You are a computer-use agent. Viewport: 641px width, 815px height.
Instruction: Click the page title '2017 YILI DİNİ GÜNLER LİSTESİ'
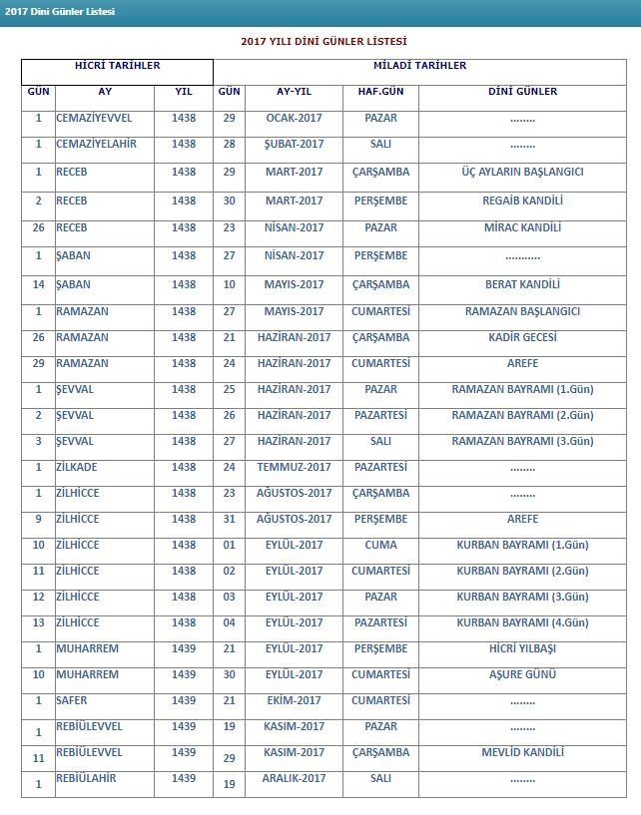click(x=323, y=42)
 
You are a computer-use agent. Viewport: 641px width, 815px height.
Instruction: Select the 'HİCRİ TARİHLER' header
click(x=117, y=66)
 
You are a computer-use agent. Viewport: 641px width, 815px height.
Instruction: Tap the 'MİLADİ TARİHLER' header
click(x=419, y=66)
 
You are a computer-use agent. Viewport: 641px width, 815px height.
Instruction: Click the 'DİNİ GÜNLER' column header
click(x=522, y=92)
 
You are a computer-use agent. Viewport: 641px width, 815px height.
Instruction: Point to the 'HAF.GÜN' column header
click(x=380, y=92)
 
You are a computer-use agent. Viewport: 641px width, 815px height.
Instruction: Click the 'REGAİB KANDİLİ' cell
click(x=522, y=201)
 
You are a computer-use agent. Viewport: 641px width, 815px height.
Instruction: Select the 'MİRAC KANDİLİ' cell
click(x=522, y=227)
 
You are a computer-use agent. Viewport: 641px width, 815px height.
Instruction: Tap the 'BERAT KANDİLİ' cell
click(x=522, y=284)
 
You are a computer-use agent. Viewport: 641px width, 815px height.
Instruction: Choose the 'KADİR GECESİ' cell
click(x=522, y=337)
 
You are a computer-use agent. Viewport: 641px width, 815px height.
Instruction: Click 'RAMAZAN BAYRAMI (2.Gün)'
click(x=522, y=415)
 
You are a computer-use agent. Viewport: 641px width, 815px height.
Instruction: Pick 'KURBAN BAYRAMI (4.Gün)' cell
click(x=522, y=622)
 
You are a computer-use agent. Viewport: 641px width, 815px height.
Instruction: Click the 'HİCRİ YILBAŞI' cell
click(x=522, y=648)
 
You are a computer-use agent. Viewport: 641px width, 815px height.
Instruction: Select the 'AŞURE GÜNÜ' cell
click(x=522, y=674)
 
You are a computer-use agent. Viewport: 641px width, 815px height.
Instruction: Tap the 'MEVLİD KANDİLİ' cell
click(x=522, y=752)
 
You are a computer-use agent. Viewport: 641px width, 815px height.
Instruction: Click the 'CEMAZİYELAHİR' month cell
click(x=96, y=144)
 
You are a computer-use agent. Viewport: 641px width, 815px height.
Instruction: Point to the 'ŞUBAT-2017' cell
click(x=294, y=144)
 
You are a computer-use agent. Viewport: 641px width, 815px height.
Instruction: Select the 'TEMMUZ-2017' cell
click(x=294, y=467)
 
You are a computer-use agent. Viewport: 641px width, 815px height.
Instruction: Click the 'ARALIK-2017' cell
click(x=294, y=778)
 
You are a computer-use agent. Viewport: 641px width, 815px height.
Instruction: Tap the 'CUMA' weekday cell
click(x=380, y=545)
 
